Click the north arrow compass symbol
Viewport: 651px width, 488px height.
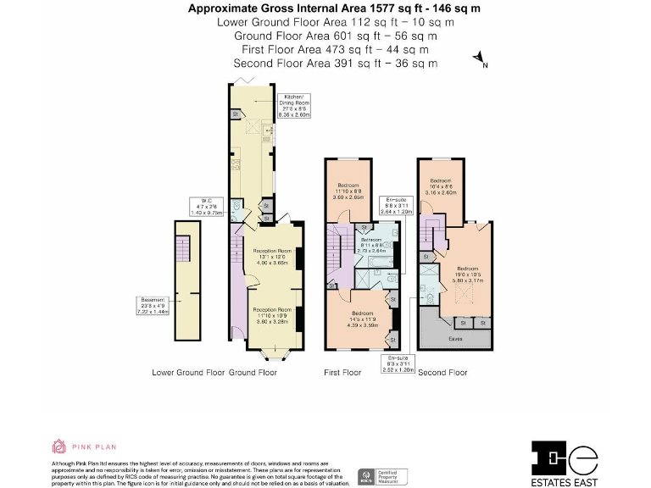point(481,59)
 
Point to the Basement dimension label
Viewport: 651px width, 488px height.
point(153,304)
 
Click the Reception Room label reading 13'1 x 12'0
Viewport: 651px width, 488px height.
point(272,257)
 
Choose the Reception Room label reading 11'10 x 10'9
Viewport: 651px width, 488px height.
point(272,315)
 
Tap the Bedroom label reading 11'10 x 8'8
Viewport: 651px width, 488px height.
point(349,191)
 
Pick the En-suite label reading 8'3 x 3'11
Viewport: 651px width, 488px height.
point(399,365)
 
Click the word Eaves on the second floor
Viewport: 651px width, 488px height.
point(456,339)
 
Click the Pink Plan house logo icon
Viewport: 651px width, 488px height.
point(58,446)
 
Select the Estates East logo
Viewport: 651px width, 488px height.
point(565,462)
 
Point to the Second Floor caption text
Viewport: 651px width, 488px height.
point(442,372)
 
